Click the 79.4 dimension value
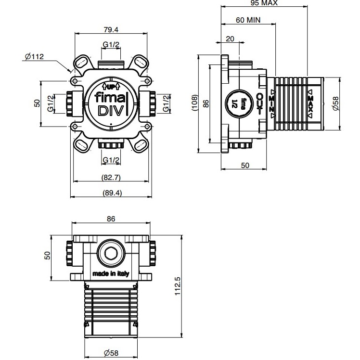coord(111,29)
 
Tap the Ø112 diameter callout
coord(34,57)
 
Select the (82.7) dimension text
coord(111,177)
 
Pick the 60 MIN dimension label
coord(248,20)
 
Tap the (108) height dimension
coord(193,103)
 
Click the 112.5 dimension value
coord(177,286)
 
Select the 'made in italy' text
coord(111,273)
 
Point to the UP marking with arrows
coord(111,87)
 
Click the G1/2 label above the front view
coord(111,45)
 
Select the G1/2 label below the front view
coord(111,160)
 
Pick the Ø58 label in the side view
coord(335,103)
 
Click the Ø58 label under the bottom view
coord(111,352)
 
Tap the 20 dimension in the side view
coord(230,39)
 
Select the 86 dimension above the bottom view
coord(111,219)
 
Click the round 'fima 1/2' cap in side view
coord(237,103)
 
